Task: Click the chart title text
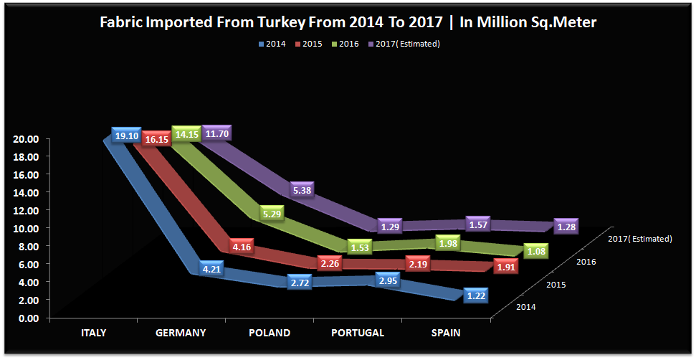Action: [x=347, y=23]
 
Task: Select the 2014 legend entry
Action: [x=272, y=44]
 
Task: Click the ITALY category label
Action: [x=93, y=333]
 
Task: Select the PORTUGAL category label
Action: [x=358, y=333]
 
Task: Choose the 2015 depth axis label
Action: [x=557, y=285]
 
